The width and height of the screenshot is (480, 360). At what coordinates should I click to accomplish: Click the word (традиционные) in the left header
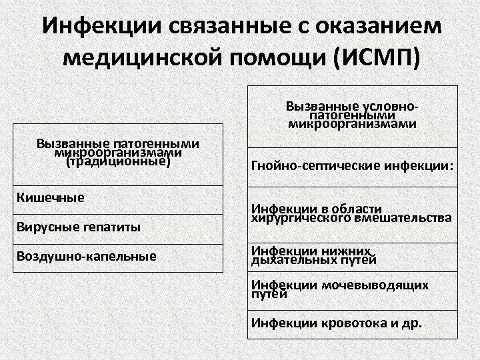119,161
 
